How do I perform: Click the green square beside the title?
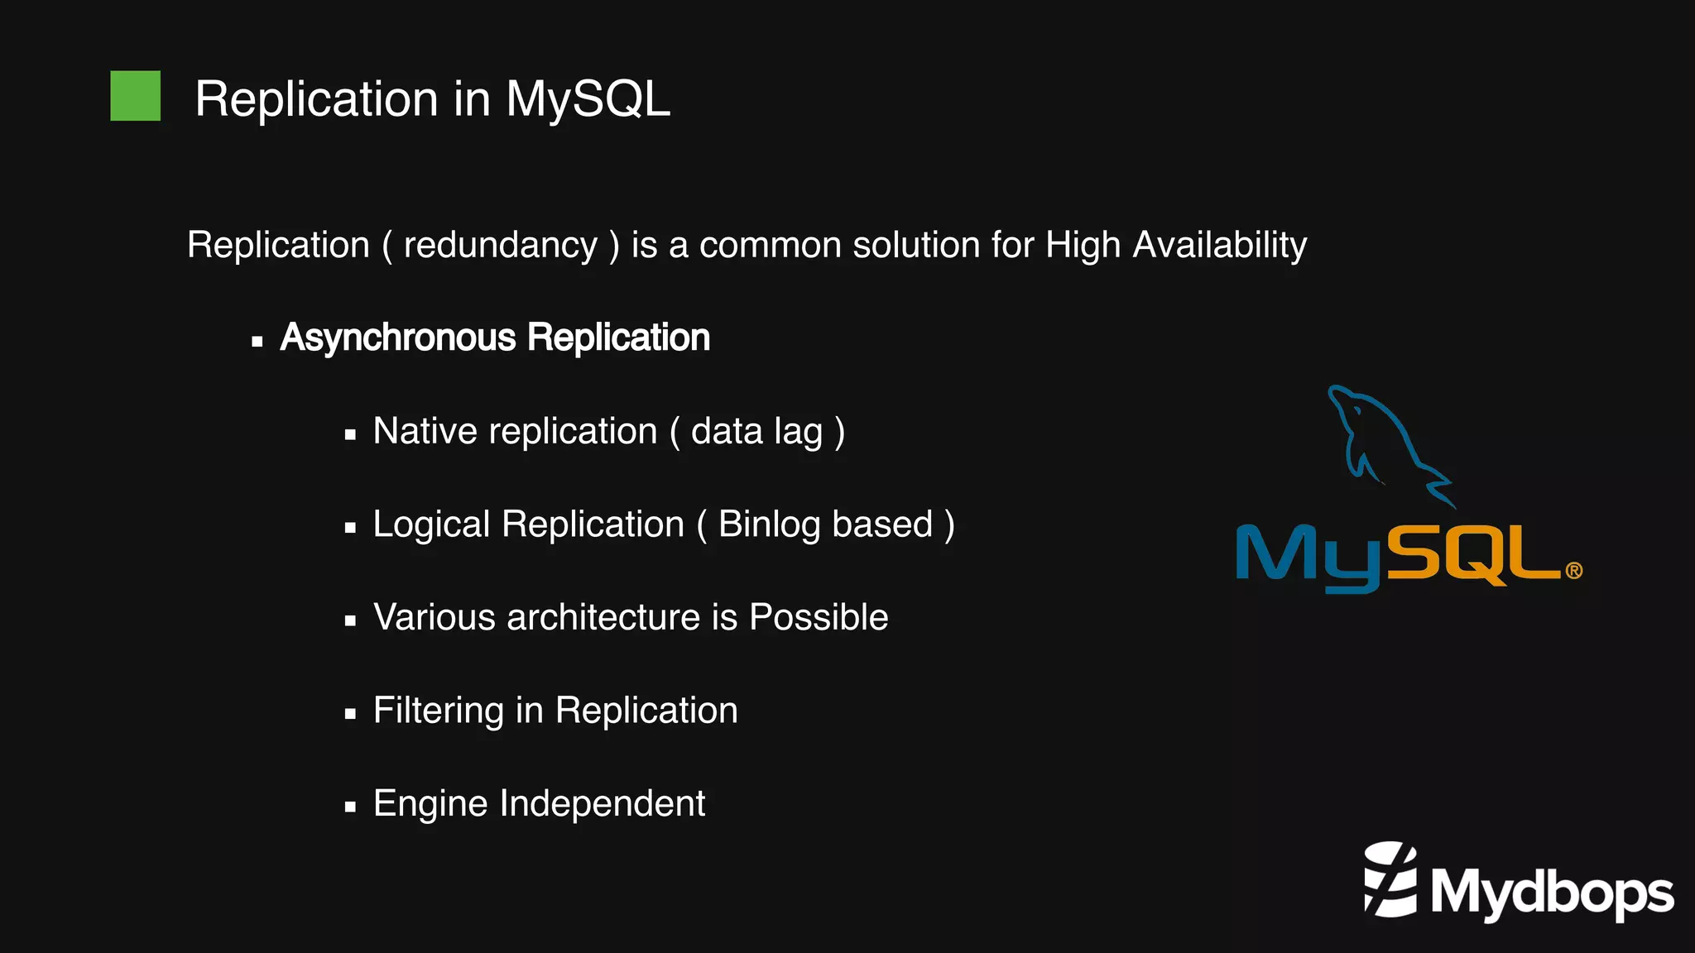[135, 96]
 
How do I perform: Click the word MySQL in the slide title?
[587, 99]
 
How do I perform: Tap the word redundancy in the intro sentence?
[500, 246]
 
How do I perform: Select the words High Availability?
[1175, 246]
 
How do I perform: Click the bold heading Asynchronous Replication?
[494, 338]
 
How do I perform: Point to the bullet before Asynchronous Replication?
[257, 341]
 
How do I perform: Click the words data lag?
[756, 432]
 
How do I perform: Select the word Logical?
[431, 525]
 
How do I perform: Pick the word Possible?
[818, 618]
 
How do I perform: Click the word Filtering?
[438, 711]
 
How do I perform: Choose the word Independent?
[602, 804]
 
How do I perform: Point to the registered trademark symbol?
[1573, 571]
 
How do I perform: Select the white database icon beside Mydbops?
[1390, 881]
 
